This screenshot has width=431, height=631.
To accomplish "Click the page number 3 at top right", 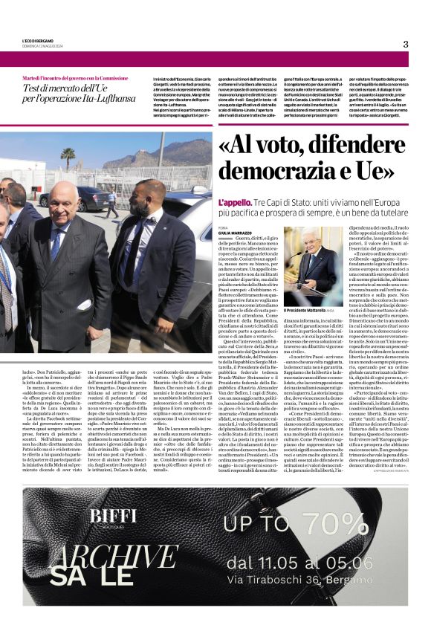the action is coord(406,44).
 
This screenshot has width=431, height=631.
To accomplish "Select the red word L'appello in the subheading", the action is coord(233,203).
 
